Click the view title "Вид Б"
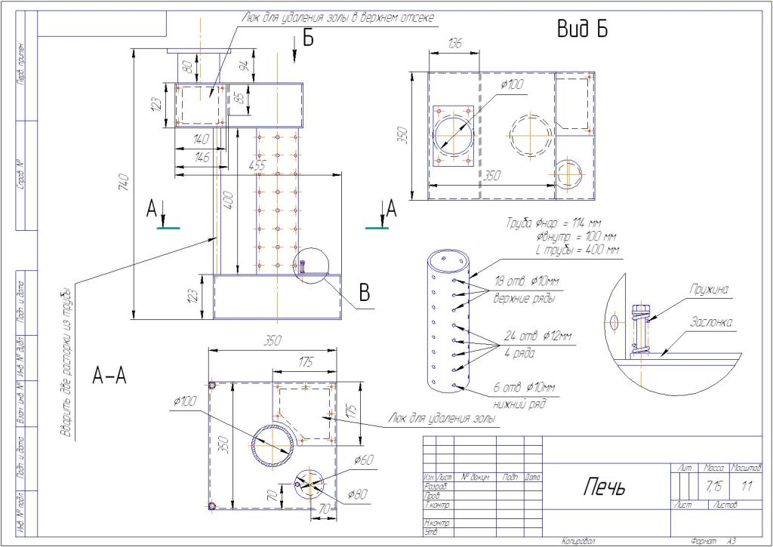click(x=582, y=29)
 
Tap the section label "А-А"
click(x=109, y=375)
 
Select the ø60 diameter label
click(x=363, y=459)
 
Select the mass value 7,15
click(x=712, y=486)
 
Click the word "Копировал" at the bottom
click(x=578, y=541)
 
